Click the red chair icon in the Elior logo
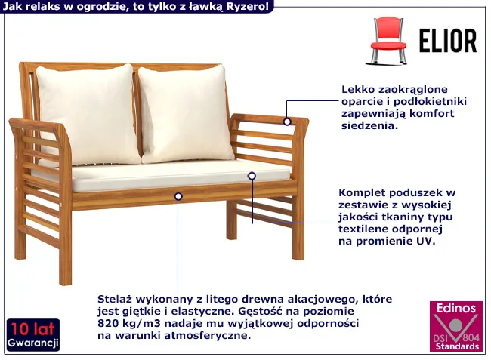pos(388,41)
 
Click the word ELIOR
pos(448,41)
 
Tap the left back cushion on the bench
pos(88,113)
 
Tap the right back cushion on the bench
pos(186,113)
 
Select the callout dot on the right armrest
pos(287,122)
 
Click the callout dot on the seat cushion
pos(252,176)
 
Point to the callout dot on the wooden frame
pos(178,196)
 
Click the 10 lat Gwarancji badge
pos(33,335)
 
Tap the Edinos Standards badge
pos(456,326)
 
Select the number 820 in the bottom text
pos(107,323)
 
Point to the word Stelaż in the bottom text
pos(113,299)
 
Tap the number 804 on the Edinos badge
pos(471,337)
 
